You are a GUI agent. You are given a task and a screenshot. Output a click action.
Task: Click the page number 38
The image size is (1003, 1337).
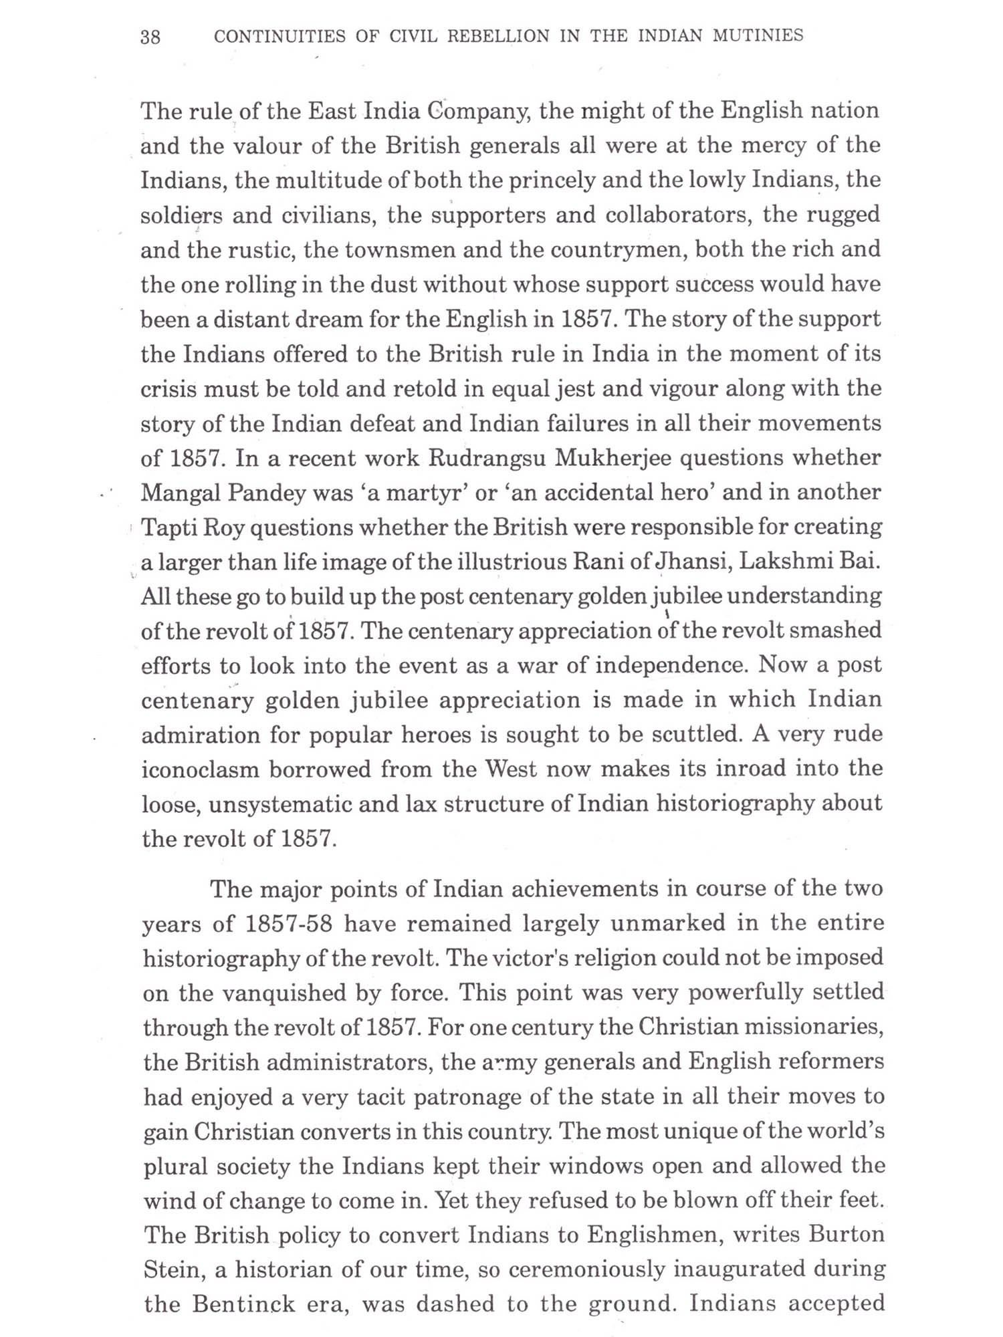tap(150, 37)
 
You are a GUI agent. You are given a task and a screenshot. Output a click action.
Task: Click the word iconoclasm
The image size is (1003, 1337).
tap(200, 769)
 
